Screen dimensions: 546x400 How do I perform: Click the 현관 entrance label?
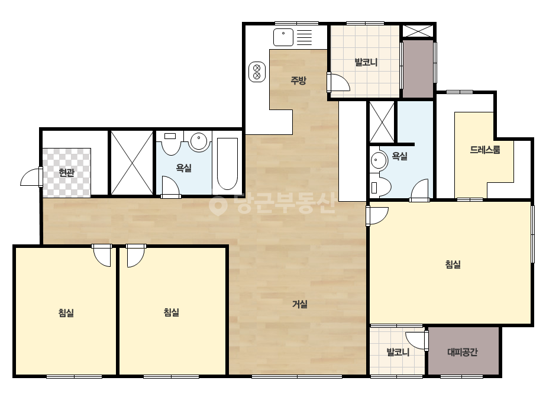click(x=66, y=172)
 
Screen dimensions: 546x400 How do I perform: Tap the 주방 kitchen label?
click(x=298, y=80)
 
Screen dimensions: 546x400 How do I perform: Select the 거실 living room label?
click(x=300, y=304)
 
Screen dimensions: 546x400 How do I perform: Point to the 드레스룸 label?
click(x=485, y=150)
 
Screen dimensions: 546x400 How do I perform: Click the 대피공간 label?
click(x=463, y=352)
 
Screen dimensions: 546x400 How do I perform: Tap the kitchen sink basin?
click(x=283, y=37)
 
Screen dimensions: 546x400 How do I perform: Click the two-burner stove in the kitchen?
click(x=257, y=72)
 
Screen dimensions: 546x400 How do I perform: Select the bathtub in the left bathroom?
click(x=227, y=163)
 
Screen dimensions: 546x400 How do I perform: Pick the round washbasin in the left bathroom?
click(x=199, y=141)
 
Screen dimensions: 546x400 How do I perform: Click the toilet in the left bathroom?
click(x=170, y=143)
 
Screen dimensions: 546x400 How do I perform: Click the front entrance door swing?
click(x=31, y=177)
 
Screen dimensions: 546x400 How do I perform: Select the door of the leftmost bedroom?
click(x=102, y=256)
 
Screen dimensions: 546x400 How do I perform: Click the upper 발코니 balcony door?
click(x=338, y=83)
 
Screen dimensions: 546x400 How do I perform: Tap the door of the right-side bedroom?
click(x=377, y=215)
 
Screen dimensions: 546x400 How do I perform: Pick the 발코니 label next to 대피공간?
click(x=398, y=352)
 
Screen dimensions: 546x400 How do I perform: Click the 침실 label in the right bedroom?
click(x=453, y=264)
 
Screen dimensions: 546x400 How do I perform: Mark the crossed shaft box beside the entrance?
click(x=132, y=163)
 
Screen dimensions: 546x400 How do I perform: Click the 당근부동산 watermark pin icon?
click(x=218, y=205)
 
